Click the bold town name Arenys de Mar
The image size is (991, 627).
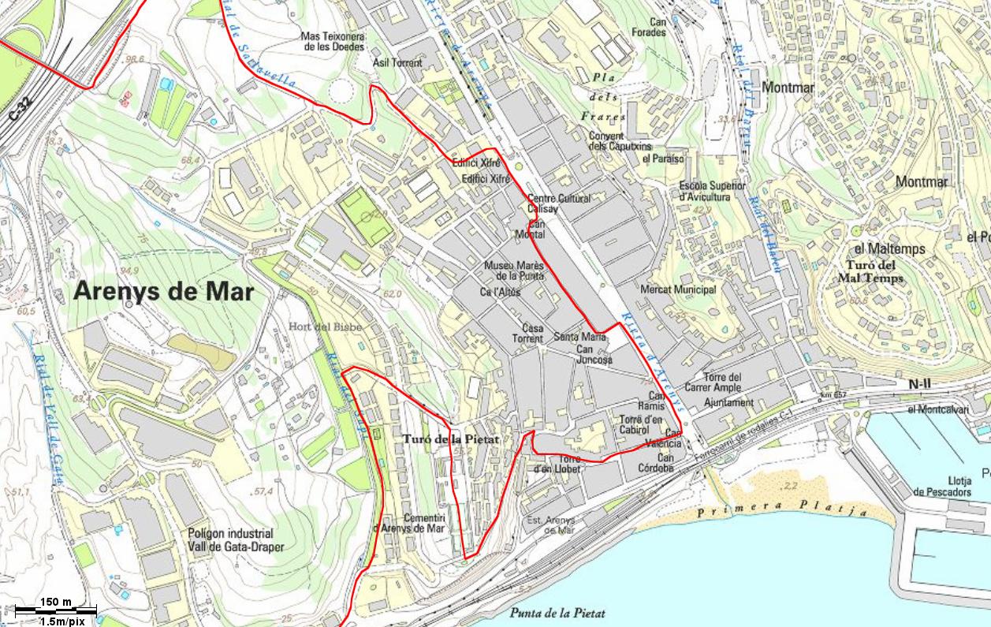tap(163, 292)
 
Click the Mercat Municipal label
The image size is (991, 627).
tap(678, 289)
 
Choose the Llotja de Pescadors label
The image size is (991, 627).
tap(941, 487)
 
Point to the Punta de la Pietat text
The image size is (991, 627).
tap(557, 613)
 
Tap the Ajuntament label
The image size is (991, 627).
tap(728, 402)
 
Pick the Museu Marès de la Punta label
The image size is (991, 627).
tap(514, 271)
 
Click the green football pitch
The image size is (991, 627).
tap(366, 215)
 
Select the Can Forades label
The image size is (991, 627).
tap(649, 28)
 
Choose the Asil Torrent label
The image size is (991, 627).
tap(397, 62)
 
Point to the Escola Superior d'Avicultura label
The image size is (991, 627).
tap(711, 191)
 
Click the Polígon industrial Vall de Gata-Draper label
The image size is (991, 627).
tap(235, 540)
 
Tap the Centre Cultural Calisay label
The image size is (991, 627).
tap(558, 203)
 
